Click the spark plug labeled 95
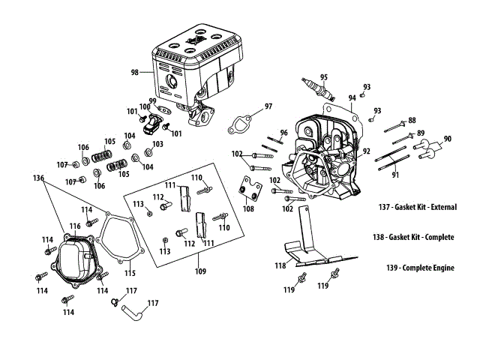click(x=318, y=89)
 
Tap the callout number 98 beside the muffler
click(x=135, y=73)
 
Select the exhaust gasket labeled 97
click(x=240, y=124)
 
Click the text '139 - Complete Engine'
click(x=420, y=268)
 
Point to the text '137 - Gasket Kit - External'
click(x=418, y=207)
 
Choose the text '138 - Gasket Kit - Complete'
click(x=413, y=237)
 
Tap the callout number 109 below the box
click(x=200, y=271)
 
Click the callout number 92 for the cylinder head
click(x=367, y=151)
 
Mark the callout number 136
click(x=38, y=178)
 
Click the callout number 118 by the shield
click(x=280, y=265)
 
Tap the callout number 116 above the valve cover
click(x=75, y=226)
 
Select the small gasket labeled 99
click(x=165, y=110)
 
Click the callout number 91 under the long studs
click(x=395, y=175)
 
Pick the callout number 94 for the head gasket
click(x=352, y=98)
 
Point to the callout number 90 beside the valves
click(x=448, y=139)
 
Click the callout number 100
click(x=145, y=106)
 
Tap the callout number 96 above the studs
click(x=284, y=133)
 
